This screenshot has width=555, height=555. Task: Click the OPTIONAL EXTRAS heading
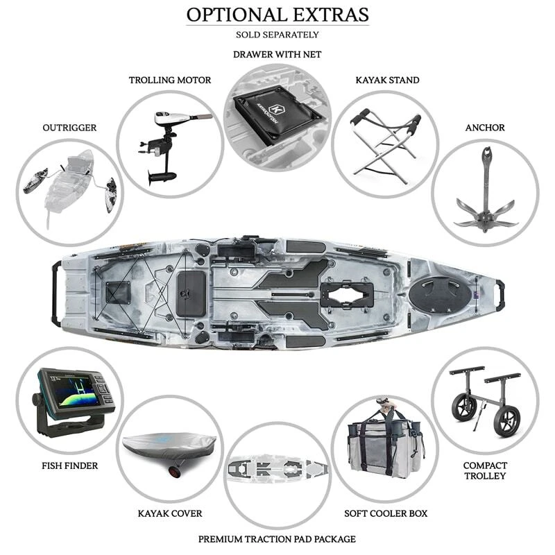pyautogui.click(x=277, y=15)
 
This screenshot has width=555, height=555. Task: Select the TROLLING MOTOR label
pyautogui.click(x=170, y=80)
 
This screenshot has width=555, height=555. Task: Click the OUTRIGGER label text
pyautogui.click(x=69, y=128)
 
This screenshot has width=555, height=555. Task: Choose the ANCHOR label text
pyautogui.click(x=485, y=128)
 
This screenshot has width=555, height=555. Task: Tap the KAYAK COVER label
pyautogui.click(x=169, y=513)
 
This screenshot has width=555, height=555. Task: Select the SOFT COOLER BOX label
pyautogui.click(x=386, y=513)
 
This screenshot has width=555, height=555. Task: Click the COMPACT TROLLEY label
pyautogui.click(x=486, y=470)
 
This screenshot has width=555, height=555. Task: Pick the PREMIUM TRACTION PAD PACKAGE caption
pyautogui.click(x=277, y=538)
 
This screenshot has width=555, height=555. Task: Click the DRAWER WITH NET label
pyautogui.click(x=277, y=54)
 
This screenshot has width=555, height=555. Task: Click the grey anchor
pyautogui.click(x=486, y=201)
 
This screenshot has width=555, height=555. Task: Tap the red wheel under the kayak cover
pyautogui.click(x=171, y=473)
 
